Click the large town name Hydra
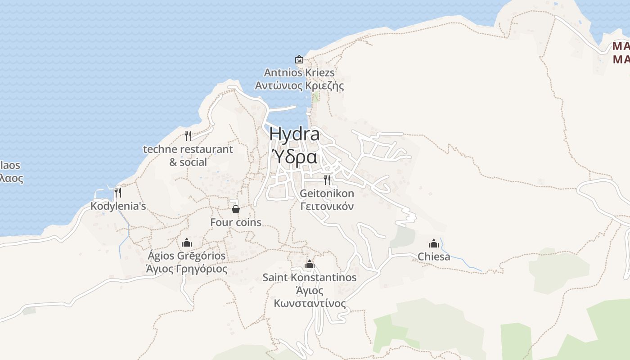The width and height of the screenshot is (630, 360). (295, 134)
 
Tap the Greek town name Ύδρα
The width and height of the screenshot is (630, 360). (295, 157)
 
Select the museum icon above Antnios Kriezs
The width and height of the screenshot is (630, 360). (299, 59)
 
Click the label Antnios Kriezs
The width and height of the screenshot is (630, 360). (299, 72)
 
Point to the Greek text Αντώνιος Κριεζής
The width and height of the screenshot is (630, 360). (299, 85)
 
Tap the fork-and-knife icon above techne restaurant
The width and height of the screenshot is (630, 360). (188, 135)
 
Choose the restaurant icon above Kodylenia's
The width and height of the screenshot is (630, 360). (118, 192)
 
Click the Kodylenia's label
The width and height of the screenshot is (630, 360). (118, 206)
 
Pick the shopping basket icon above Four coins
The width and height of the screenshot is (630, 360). (235, 209)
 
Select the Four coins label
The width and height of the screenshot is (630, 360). (236, 222)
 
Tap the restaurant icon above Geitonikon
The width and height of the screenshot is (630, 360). (327, 180)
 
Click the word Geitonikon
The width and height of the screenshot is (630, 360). (327, 193)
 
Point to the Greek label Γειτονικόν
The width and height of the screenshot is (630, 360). (327, 206)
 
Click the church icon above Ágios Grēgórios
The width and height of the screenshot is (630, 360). (187, 243)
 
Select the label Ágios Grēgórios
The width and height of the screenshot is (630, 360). (187, 256)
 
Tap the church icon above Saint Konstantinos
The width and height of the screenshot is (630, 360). (309, 264)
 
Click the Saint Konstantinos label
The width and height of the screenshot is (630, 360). (310, 277)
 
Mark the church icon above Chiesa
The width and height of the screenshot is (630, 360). (434, 243)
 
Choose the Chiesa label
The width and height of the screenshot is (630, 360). (434, 256)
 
